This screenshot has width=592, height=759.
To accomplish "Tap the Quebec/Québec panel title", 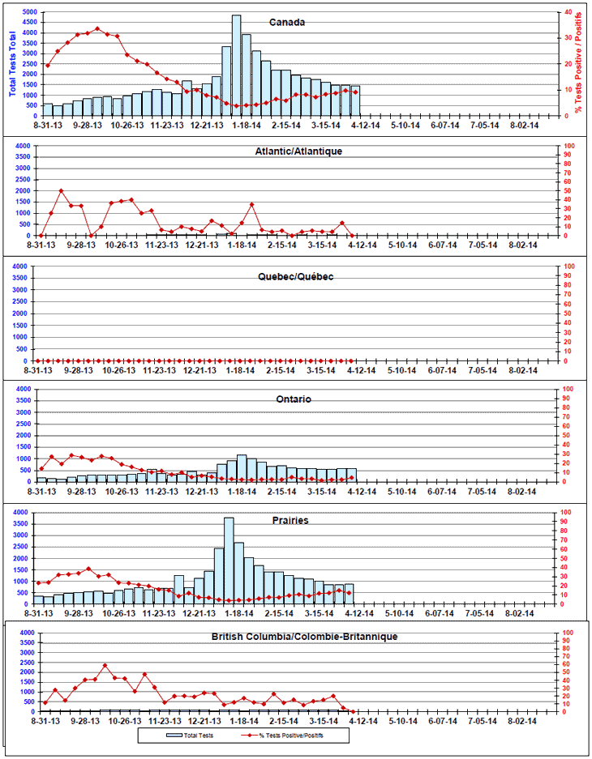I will [x=294, y=276].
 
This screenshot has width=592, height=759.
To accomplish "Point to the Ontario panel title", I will [x=292, y=399].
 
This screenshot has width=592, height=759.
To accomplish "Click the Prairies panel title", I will [x=290, y=521].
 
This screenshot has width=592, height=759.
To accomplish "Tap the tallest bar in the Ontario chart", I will [x=242, y=468].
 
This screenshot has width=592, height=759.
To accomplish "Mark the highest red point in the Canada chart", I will [x=97, y=28].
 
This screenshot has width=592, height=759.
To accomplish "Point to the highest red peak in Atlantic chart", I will [x=61, y=191].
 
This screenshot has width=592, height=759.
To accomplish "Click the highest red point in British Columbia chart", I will [x=105, y=666].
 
